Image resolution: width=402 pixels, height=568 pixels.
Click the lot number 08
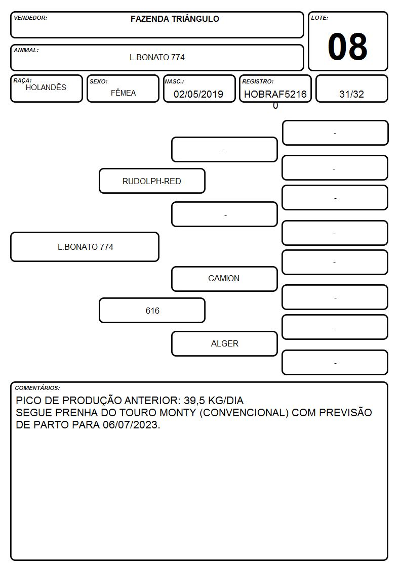(x=347, y=47)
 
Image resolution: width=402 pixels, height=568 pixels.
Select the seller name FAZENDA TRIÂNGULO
(x=175, y=19)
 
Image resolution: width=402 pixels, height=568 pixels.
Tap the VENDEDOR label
(x=30, y=18)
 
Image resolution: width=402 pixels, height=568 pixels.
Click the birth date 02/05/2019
(x=198, y=94)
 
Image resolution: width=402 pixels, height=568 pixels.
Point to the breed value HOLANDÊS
(x=46, y=88)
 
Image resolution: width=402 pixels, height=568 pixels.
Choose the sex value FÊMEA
(x=123, y=93)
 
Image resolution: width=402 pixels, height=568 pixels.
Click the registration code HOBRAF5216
(x=275, y=94)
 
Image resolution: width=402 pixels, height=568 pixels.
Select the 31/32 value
(x=351, y=94)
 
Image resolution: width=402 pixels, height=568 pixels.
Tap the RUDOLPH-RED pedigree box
(x=152, y=181)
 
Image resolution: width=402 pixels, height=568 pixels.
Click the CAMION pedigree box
(x=224, y=279)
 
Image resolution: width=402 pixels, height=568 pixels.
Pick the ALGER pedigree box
(x=224, y=344)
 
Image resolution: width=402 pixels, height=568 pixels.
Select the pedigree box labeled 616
(x=152, y=311)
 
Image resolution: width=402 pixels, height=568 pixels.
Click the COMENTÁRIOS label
(x=37, y=388)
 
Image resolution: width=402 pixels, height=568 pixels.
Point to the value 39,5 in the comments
(x=194, y=401)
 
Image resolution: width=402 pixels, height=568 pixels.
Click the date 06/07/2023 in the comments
(x=131, y=425)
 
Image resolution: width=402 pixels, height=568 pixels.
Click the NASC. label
(x=174, y=82)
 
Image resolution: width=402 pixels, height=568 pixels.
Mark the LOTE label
(x=319, y=18)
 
